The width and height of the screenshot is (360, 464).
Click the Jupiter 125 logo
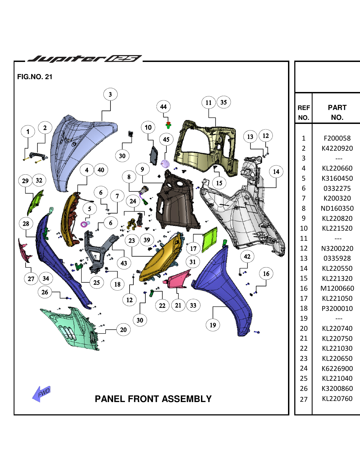coord(85,59)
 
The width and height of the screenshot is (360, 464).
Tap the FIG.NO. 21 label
coord(35,77)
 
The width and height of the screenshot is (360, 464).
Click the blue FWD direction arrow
coord(41,394)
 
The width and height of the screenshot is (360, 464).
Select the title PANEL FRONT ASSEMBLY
coord(153,399)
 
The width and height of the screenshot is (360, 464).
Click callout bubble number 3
coord(110,94)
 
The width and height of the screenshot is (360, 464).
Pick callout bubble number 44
coord(163,107)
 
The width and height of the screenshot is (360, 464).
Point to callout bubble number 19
coord(213,325)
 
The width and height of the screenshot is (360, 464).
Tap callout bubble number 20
coord(123,330)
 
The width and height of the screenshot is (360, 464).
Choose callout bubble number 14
coord(276,172)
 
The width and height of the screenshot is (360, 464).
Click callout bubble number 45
coord(166,139)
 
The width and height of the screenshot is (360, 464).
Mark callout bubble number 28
coord(26,224)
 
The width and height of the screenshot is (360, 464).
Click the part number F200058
coord(337,138)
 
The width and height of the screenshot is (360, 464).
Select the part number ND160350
coord(337,209)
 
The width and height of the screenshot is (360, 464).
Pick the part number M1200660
coord(337,288)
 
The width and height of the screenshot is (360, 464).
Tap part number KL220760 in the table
coord(337,399)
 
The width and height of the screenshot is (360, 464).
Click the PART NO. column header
coord(337,112)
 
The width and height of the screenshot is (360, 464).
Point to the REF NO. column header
coord(304,112)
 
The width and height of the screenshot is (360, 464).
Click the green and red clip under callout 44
coord(168,125)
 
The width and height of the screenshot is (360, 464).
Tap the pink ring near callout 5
coord(84,224)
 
